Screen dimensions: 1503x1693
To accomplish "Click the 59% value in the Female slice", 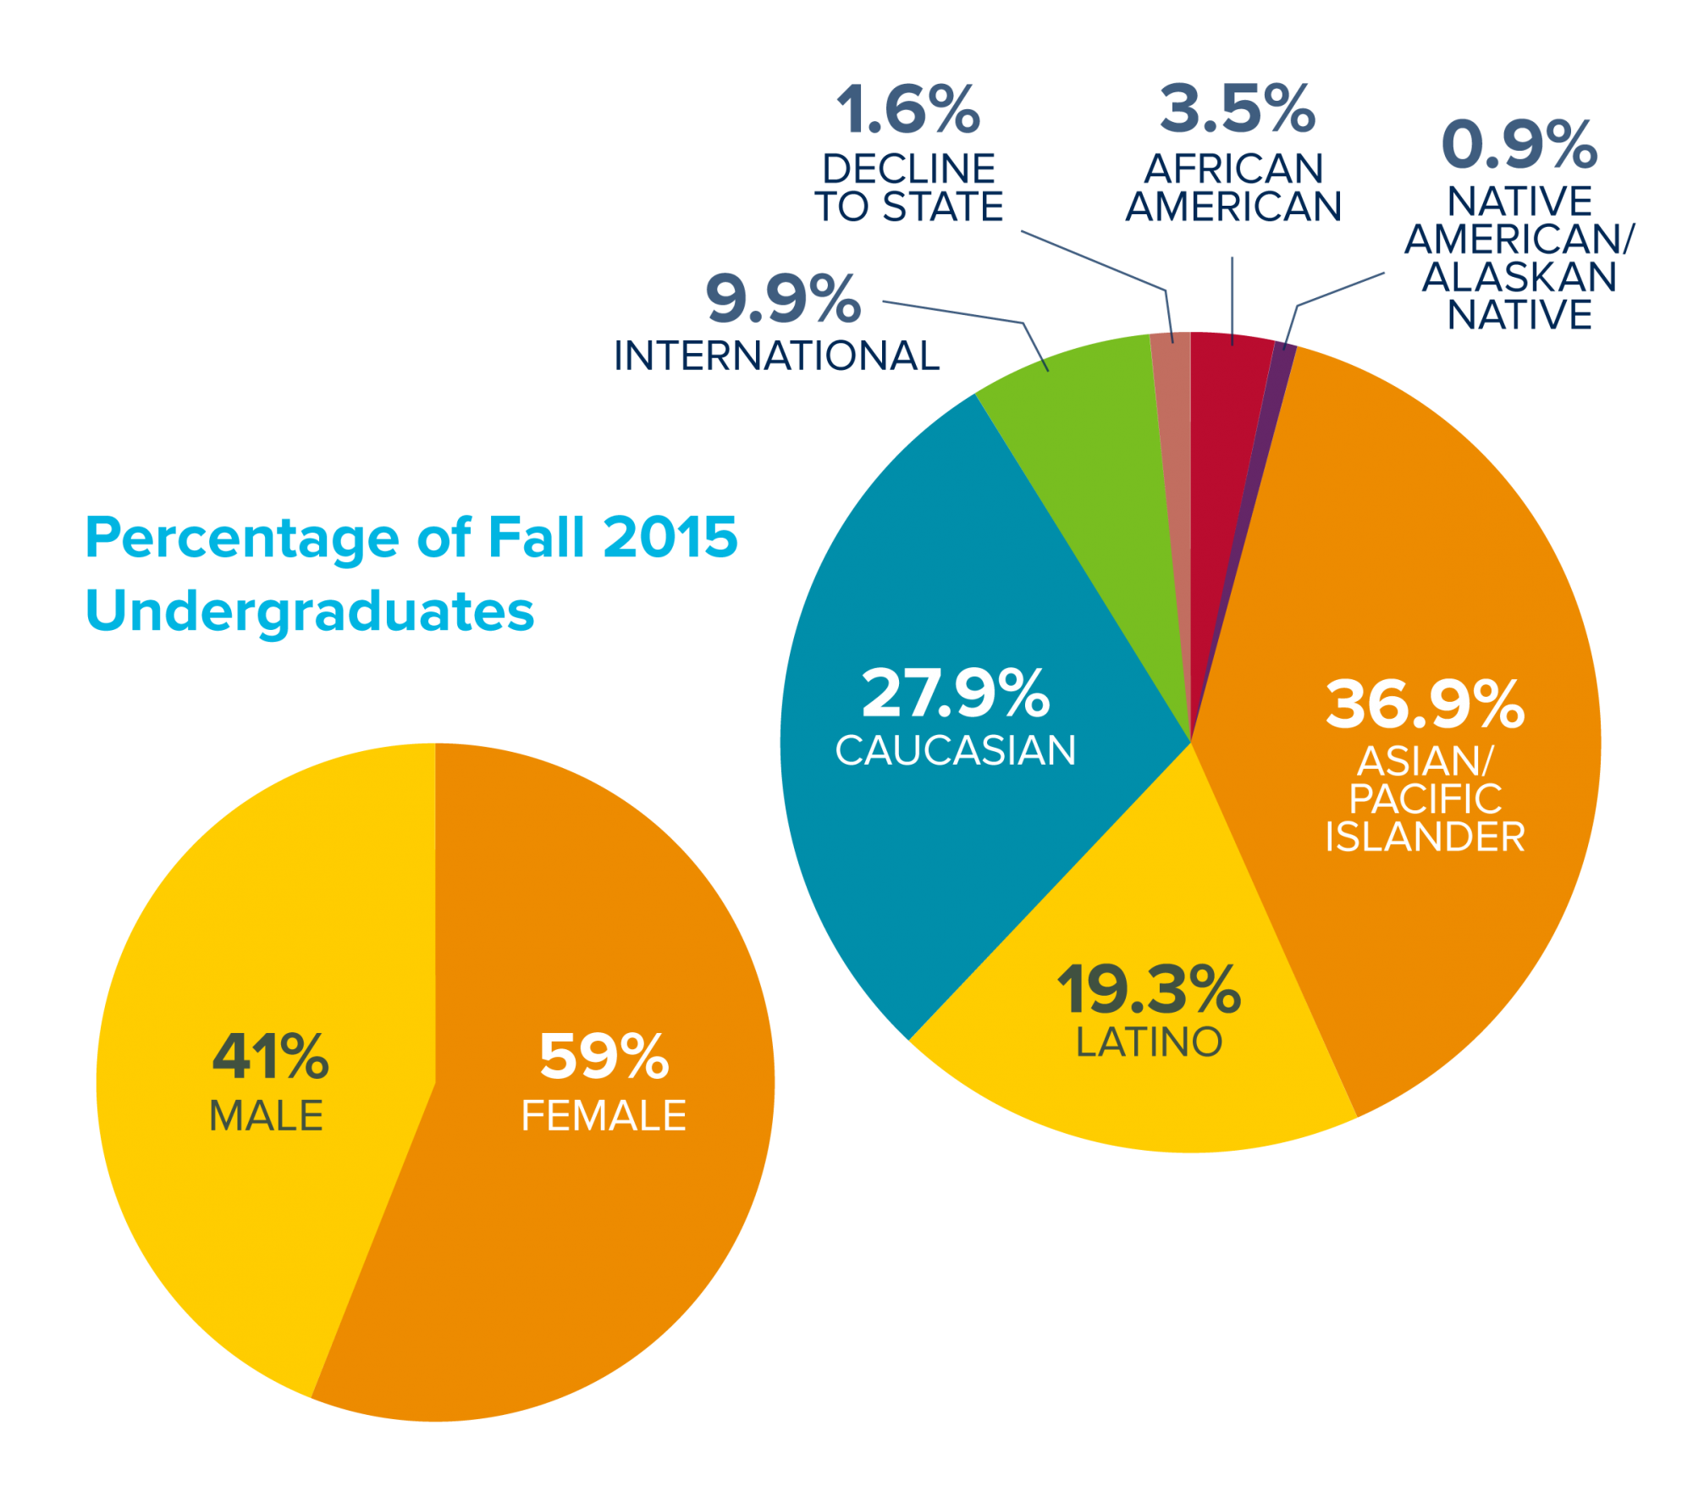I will (604, 1057).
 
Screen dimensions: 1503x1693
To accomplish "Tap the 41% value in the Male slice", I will (270, 1057).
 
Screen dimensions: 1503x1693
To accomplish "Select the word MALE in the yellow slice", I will (266, 1116).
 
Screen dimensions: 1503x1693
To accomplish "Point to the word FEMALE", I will (604, 1116).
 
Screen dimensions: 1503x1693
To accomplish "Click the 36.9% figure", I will (1425, 705).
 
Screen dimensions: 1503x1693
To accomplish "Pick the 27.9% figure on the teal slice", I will (956, 693).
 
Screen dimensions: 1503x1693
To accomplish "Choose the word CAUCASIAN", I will (956, 750).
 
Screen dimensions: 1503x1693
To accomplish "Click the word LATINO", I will (1149, 1042).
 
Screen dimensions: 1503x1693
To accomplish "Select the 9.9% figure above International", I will (783, 300).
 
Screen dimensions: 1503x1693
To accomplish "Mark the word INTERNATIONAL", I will (777, 356).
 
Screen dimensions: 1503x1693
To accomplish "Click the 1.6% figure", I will (908, 110).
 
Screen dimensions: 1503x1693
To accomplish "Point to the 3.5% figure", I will (1238, 110).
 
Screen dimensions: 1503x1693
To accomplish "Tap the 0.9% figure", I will (1519, 144).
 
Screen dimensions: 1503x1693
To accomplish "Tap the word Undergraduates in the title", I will (310, 611).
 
